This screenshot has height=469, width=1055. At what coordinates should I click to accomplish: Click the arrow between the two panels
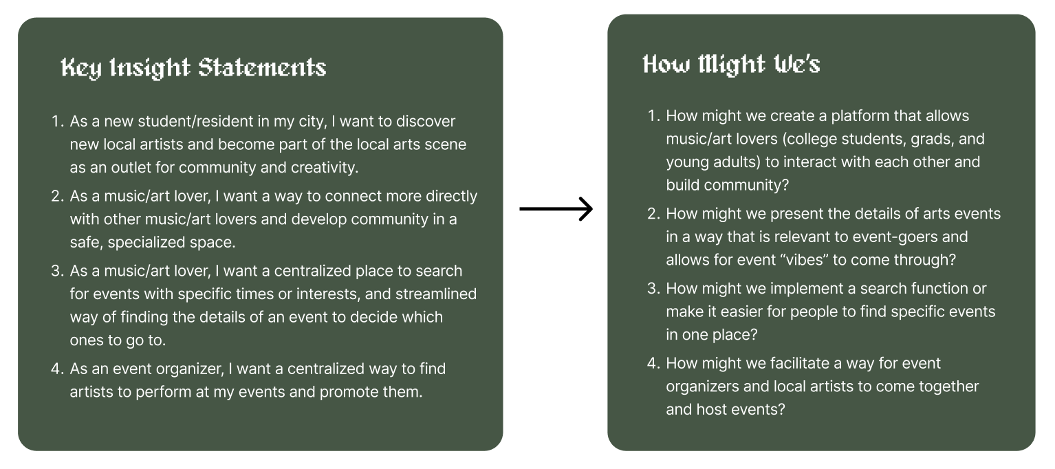[556, 209]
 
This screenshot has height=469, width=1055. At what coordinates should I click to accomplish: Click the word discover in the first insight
[426, 122]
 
